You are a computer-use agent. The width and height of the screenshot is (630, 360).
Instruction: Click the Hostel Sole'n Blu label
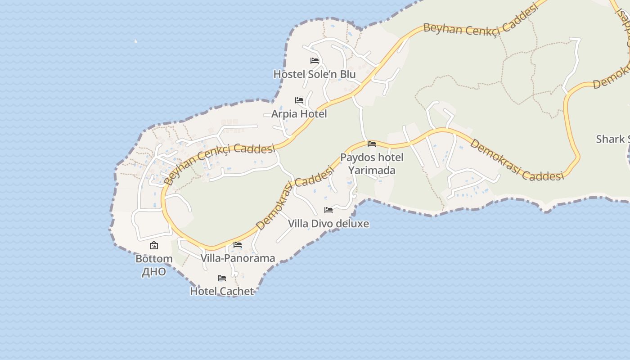315,74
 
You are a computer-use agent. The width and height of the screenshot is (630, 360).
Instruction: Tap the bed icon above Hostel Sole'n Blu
315,61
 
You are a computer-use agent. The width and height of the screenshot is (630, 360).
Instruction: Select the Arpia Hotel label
299,114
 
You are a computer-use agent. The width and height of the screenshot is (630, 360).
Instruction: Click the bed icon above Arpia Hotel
299,100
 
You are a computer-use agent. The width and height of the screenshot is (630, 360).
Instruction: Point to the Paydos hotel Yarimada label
372,164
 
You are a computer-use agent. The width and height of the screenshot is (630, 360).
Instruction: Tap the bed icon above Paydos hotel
372,144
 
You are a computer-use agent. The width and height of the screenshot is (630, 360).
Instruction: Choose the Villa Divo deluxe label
328,224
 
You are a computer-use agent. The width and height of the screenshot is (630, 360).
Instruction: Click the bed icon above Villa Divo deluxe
328,210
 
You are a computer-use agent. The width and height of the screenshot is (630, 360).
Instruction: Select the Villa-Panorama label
238,258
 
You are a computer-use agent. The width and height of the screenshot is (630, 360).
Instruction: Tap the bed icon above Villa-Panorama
238,245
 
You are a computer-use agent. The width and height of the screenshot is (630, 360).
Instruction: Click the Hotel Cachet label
222,291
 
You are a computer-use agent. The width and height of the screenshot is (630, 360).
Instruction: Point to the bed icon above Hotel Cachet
222,278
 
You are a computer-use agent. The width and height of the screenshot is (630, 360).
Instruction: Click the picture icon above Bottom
154,245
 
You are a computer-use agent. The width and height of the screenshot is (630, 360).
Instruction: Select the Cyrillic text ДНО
154,272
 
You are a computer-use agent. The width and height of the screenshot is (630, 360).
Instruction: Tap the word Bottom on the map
154,259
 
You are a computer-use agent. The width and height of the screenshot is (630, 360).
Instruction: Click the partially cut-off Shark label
612,139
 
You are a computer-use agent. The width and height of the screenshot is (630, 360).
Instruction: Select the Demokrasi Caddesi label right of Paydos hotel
517,161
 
